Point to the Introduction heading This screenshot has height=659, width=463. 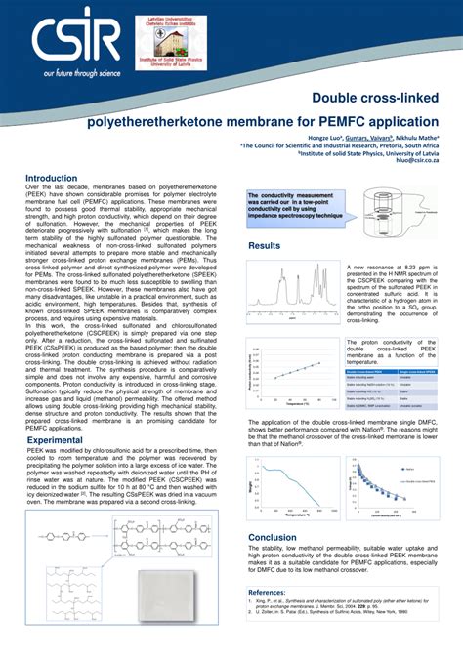[x=51, y=179]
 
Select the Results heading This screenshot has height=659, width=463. [x=265, y=246]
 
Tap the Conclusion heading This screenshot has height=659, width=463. [x=273, y=537]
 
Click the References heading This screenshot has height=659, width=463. [x=274, y=593]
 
